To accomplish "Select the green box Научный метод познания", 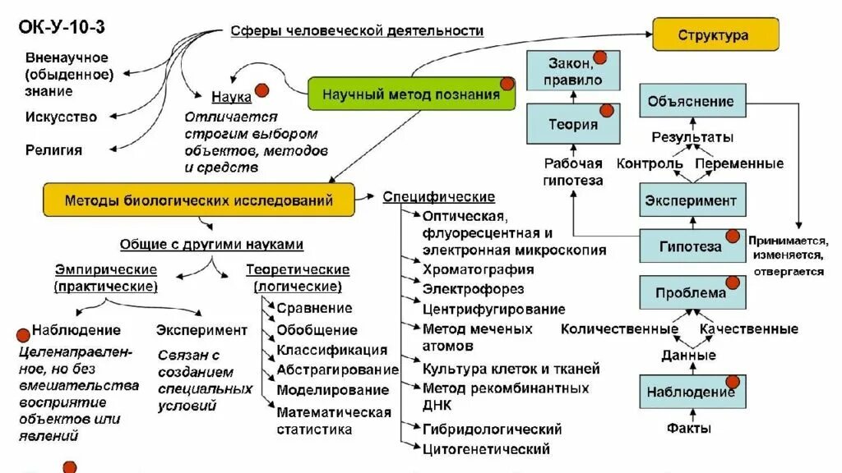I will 411,94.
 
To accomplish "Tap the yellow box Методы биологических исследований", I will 199,200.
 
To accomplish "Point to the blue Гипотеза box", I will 691,246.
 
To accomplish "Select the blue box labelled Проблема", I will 691,293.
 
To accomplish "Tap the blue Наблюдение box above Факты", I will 691,391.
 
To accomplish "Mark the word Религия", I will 53,150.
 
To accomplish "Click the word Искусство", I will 61,117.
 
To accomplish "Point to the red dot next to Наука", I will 262,91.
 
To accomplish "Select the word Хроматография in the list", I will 478,269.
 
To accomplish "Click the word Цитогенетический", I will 485,449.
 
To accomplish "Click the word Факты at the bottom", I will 689,428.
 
